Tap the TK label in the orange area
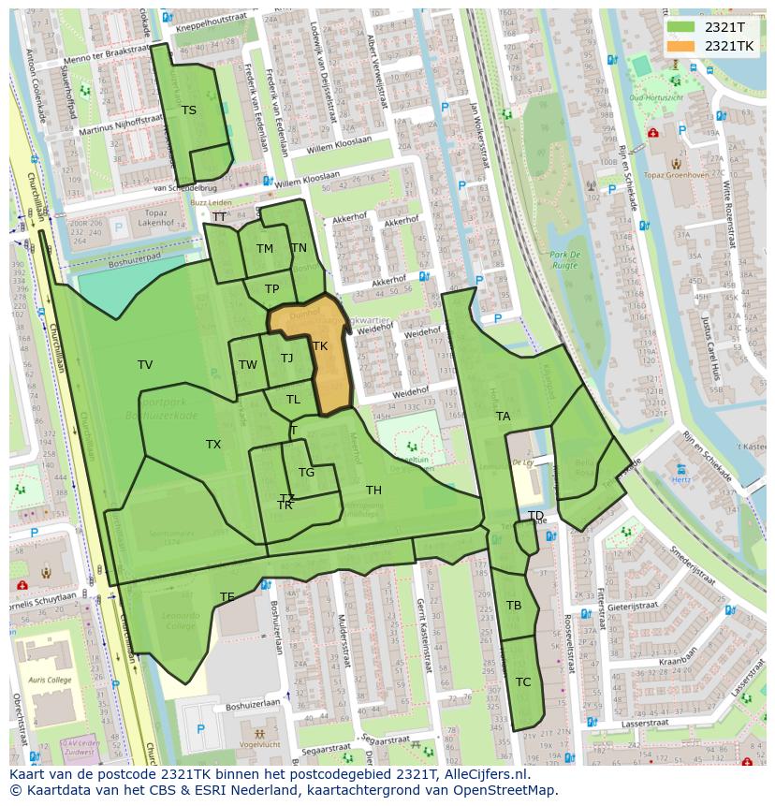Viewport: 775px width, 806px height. pyautogui.click(x=320, y=346)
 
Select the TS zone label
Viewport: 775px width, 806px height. pyautogui.click(x=189, y=110)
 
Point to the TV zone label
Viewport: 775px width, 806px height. pyautogui.click(x=145, y=365)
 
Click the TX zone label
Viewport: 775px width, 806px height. pyautogui.click(x=213, y=445)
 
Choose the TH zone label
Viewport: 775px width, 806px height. pyautogui.click(x=373, y=491)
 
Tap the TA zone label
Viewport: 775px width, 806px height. pyautogui.click(x=504, y=417)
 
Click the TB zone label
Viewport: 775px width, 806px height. pyautogui.click(x=514, y=606)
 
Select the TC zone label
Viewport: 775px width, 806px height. pyautogui.click(x=523, y=682)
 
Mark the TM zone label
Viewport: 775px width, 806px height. pyautogui.click(x=265, y=249)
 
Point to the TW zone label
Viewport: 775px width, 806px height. pyautogui.click(x=247, y=365)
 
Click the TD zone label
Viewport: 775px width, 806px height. pyautogui.click(x=535, y=516)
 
